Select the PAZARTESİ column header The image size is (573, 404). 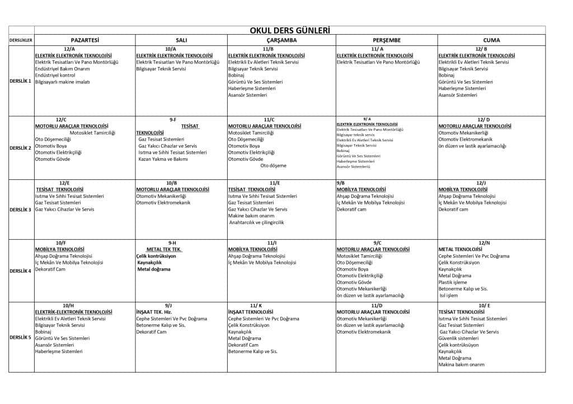(x=84, y=40)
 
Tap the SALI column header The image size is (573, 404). (x=181, y=40)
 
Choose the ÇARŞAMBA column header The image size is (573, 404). (x=281, y=40)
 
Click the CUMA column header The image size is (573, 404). (x=491, y=40)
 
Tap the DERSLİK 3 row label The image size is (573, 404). (x=21, y=210)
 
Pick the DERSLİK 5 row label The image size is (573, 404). (x=21, y=338)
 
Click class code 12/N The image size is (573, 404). (x=484, y=243)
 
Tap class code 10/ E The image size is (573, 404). (x=484, y=305)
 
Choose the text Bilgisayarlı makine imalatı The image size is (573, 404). (x=62, y=82)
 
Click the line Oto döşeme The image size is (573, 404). (x=273, y=165)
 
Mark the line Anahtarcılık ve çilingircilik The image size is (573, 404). (x=256, y=222)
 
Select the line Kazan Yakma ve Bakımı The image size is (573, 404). (x=163, y=159)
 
